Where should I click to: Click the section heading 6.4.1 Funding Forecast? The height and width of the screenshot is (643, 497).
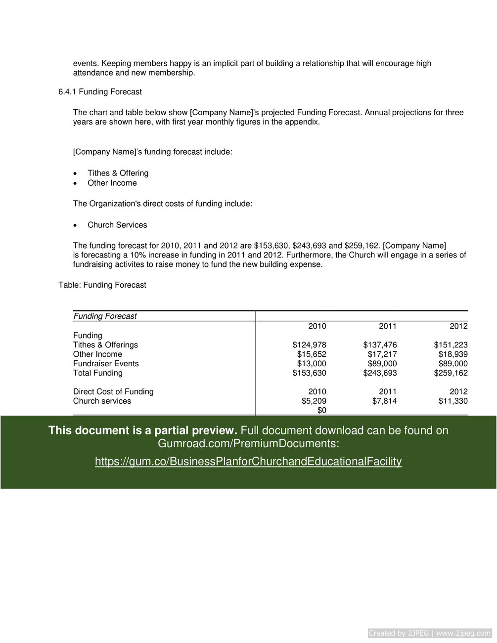[100, 92]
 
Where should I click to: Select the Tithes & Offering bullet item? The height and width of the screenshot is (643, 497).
[118, 173]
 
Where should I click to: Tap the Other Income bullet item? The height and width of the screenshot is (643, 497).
[112, 183]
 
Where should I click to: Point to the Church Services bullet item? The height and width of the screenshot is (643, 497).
[117, 225]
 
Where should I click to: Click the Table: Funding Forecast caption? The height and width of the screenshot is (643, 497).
[102, 285]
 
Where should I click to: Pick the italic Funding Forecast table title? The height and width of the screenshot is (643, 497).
[105, 316]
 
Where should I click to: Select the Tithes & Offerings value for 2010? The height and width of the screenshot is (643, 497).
[309, 345]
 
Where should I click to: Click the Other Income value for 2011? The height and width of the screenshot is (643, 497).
[382, 354]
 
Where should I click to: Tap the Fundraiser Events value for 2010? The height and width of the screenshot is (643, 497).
[312, 364]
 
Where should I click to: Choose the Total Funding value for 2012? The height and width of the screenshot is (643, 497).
[451, 373]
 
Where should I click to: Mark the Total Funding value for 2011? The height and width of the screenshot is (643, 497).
[380, 373]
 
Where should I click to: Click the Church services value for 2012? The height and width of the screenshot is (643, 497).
[452, 401]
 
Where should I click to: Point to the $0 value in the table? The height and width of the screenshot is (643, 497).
[321, 411]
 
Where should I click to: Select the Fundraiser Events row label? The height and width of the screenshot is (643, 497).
[106, 364]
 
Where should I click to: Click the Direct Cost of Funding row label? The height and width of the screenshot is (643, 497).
[113, 392]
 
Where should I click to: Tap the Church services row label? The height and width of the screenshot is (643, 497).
[102, 401]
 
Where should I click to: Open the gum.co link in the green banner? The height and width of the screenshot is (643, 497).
[248, 462]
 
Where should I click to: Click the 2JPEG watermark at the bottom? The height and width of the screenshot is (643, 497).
[430, 633]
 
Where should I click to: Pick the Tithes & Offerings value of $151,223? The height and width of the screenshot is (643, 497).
[451, 345]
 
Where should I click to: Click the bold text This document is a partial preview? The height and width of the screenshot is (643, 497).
[143, 430]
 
